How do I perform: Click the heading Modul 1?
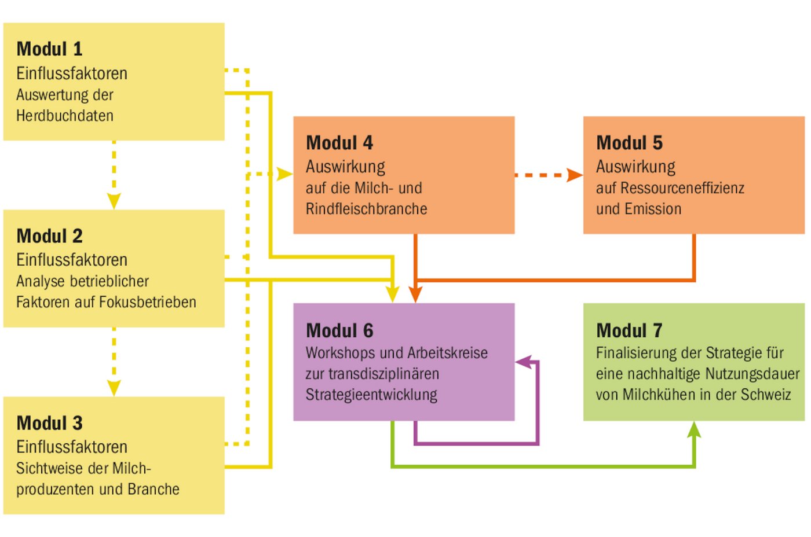pos(50,49)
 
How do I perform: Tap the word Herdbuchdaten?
pos(65,116)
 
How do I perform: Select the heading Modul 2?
pos(50,236)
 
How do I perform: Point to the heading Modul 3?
pos(50,423)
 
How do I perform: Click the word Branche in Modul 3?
pos(154,490)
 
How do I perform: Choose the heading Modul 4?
pos(339,143)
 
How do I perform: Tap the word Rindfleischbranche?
pos(366,209)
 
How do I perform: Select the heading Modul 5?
pos(629,143)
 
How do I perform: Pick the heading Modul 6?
pos(339,330)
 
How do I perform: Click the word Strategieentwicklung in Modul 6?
pos(371,395)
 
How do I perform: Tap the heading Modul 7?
pos(629,330)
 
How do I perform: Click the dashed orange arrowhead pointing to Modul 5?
pos(575,175)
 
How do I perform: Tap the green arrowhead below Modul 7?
pos(694,429)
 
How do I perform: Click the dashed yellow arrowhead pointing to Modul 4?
pos(284,174)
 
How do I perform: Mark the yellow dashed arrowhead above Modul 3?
pos(114,388)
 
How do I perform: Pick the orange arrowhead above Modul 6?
pos(415,295)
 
